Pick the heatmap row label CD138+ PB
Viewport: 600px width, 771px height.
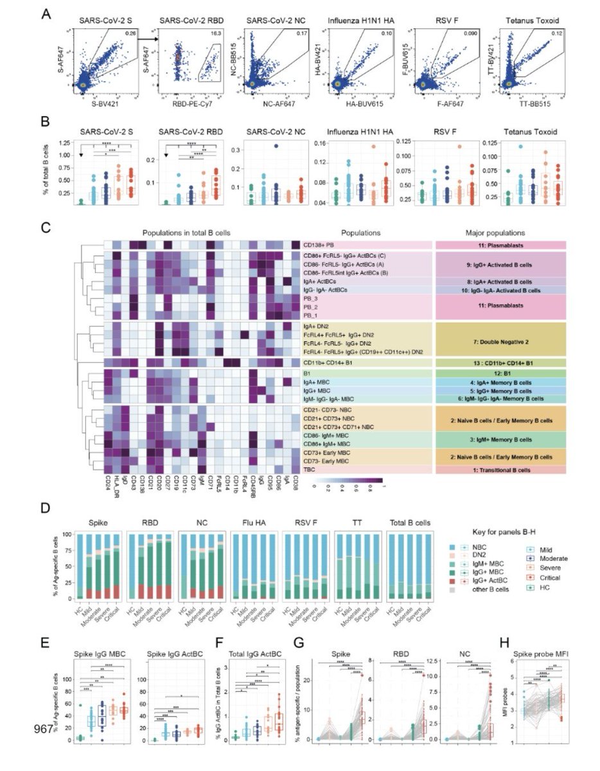pyautogui.click(x=320, y=244)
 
